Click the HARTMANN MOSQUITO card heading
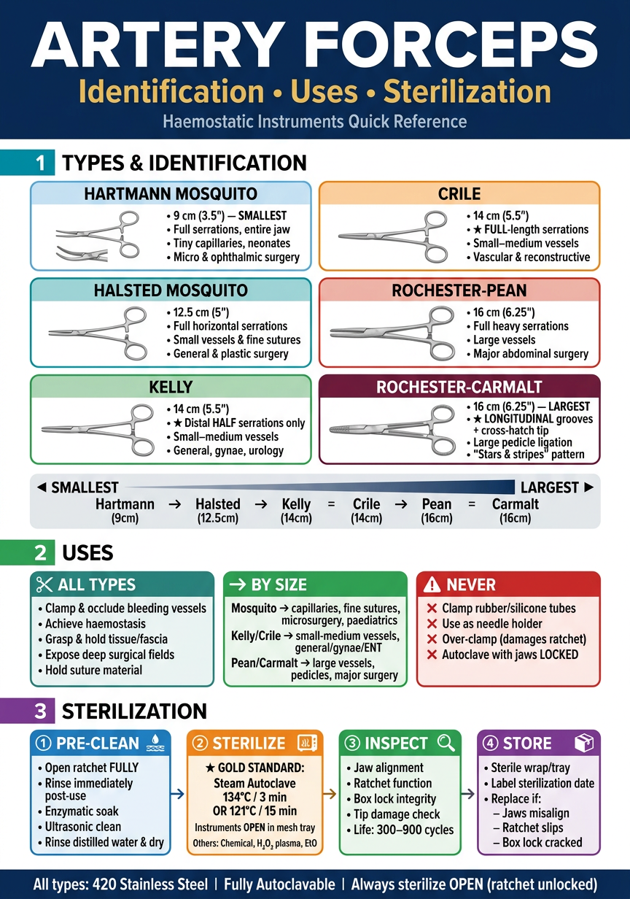[171, 194]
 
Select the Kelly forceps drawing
[98, 429]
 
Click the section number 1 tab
[41, 163]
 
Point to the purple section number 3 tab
[41, 711]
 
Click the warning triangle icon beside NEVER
[432, 584]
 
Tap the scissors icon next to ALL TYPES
[44, 584]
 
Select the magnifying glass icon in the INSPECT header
[446, 743]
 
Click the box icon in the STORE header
[584, 743]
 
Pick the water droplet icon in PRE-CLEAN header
[155, 743]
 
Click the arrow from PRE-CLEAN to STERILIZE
[178, 793]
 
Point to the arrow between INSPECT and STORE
[469, 793]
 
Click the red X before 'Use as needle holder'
[432, 624]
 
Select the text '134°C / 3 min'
[254, 797]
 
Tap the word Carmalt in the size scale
[516, 504]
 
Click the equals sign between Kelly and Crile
[331, 504]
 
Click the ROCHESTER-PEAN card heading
[459, 290]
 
